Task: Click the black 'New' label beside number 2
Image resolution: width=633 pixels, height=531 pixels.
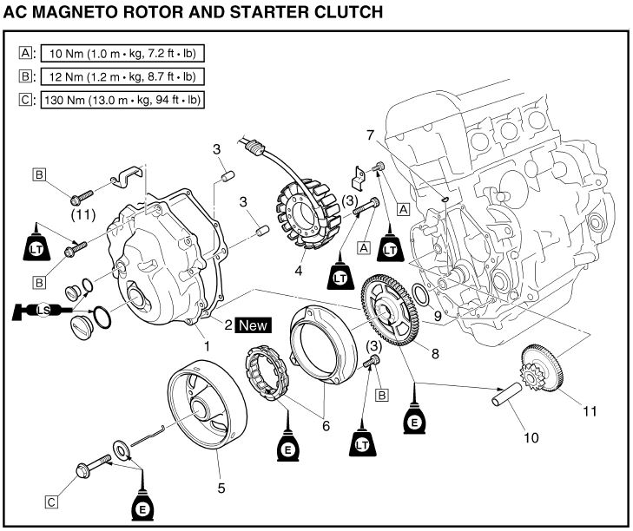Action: click(x=253, y=325)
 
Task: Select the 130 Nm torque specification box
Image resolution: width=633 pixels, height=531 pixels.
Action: click(x=122, y=100)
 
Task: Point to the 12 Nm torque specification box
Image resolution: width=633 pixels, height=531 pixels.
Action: click(x=120, y=76)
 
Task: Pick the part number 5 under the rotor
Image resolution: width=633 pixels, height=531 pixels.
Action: click(x=221, y=488)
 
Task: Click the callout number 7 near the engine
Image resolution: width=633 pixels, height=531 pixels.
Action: click(x=370, y=134)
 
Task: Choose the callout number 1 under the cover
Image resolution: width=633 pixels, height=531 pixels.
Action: click(x=206, y=344)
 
